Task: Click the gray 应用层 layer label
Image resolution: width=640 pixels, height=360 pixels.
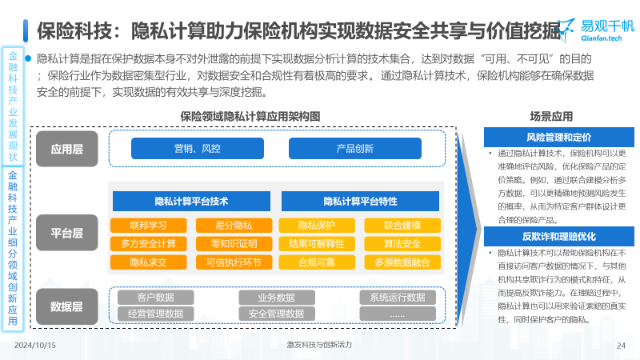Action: pyautogui.click(x=67, y=149)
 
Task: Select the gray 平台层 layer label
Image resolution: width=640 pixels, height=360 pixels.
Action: pyautogui.click(x=67, y=233)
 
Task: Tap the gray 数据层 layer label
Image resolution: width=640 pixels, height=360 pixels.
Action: pyautogui.click(x=67, y=306)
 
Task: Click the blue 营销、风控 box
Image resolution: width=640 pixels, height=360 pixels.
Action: pyautogui.click(x=197, y=148)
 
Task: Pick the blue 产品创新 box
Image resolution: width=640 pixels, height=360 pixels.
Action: pyautogui.click(x=354, y=148)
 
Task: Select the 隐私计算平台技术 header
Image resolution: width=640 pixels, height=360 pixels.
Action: pyautogui.click(x=191, y=202)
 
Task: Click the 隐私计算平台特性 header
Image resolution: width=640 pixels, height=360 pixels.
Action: pyautogui.click(x=361, y=202)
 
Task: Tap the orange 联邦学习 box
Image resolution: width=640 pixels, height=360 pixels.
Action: pyautogui.click(x=149, y=226)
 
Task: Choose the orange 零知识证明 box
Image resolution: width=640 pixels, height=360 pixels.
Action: pyautogui.click(x=234, y=244)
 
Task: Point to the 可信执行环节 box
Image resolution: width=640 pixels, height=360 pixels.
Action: pyautogui.click(x=234, y=262)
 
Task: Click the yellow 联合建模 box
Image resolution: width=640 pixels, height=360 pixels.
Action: pyautogui.click(x=402, y=226)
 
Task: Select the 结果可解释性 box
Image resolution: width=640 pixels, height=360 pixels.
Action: pyautogui.click(x=317, y=244)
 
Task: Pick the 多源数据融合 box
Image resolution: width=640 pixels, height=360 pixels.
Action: pyautogui.click(x=402, y=262)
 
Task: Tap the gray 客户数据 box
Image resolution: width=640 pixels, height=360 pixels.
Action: pyautogui.click(x=155, y=297)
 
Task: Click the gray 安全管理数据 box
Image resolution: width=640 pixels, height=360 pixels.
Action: pyautogui.click(x=277, y=314)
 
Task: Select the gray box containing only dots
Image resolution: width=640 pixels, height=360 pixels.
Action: pyautogui.click(x=398, y=314)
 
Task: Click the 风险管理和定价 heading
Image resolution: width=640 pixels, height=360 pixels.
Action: pyautogui.click(x=558, y=137)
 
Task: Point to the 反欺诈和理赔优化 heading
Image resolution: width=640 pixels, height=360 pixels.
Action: pyautogui.click(x=558, y=236)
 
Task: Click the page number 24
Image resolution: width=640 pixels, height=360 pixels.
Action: pyautogui.click(x=621, y=346)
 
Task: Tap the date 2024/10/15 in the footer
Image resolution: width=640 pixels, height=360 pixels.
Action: pyautogui.click(x=35, y=346)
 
